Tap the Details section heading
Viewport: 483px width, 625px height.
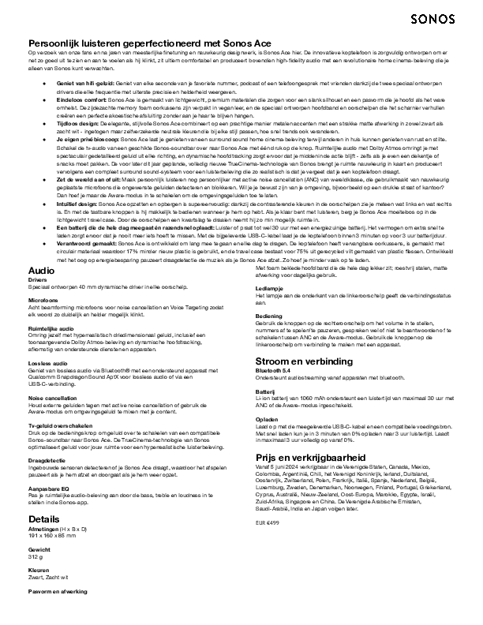[x=43, y=518]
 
